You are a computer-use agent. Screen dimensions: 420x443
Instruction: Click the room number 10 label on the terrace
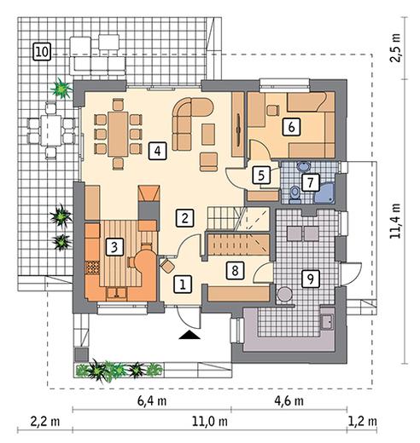tap(42, 51)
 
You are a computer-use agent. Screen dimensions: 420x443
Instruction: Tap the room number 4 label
tap(157, 151)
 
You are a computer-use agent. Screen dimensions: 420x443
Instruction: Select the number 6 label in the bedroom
tap(291, 127)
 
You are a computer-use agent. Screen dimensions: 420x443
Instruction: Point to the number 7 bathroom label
tap(310, 182)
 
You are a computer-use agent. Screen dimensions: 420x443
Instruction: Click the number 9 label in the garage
tap(311, 279)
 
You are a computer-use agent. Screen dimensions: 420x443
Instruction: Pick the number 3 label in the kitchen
tap(114, 247)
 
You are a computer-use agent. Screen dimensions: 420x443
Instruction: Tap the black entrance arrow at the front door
tap(190, 335)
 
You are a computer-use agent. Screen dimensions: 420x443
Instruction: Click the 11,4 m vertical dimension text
tap(395, 221)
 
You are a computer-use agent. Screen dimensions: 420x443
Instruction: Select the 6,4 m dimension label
tap(152, 401)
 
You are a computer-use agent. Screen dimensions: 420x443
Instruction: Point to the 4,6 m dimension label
tap(289, 401)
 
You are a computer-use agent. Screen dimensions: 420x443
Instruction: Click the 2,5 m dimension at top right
tap(395, 48)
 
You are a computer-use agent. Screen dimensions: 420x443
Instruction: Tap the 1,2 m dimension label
tap(363, 421)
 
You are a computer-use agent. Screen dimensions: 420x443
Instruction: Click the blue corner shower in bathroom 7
tap(325, 193)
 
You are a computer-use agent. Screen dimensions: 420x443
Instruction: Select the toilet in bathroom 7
tap(295, 195)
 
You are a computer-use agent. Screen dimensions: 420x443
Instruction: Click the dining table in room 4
tap(118, 134)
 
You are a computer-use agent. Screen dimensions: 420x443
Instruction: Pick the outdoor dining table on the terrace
tap(51, 130)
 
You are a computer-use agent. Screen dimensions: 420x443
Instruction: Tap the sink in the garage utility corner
tap(327, 322)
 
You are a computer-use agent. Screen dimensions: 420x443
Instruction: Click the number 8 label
tap(235, 270)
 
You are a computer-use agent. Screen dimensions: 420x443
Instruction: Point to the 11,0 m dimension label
tap(210, 421)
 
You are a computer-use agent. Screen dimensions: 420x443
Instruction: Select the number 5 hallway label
tap(261, 175)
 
